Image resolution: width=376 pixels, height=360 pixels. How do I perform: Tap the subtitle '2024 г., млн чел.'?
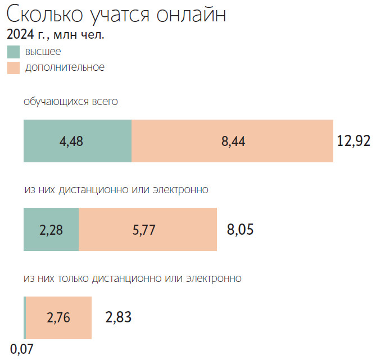[56, 35]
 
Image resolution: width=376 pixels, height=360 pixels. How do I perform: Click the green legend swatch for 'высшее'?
[13, 52]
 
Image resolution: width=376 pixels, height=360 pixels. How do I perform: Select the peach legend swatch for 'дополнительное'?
[13, 67]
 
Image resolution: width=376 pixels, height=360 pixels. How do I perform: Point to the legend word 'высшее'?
[43, 52]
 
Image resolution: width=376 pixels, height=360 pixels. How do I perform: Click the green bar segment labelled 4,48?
[78, 141]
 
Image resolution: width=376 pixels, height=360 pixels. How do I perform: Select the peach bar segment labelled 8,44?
[232, 141]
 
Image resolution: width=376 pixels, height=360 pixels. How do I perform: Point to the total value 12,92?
[354, 140]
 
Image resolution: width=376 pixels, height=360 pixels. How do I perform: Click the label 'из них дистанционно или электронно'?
[116, 189]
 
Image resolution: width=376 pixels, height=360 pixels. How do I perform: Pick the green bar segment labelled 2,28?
[51, 229]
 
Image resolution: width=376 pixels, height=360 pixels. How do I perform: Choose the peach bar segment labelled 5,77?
[148, 229]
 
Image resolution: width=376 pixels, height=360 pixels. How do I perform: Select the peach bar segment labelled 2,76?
[59, 318]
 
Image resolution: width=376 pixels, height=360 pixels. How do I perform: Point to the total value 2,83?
[118, 317]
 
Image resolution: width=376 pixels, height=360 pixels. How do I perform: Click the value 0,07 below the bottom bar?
[22, 349]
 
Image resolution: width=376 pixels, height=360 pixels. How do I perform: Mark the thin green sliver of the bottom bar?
[25, 318]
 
